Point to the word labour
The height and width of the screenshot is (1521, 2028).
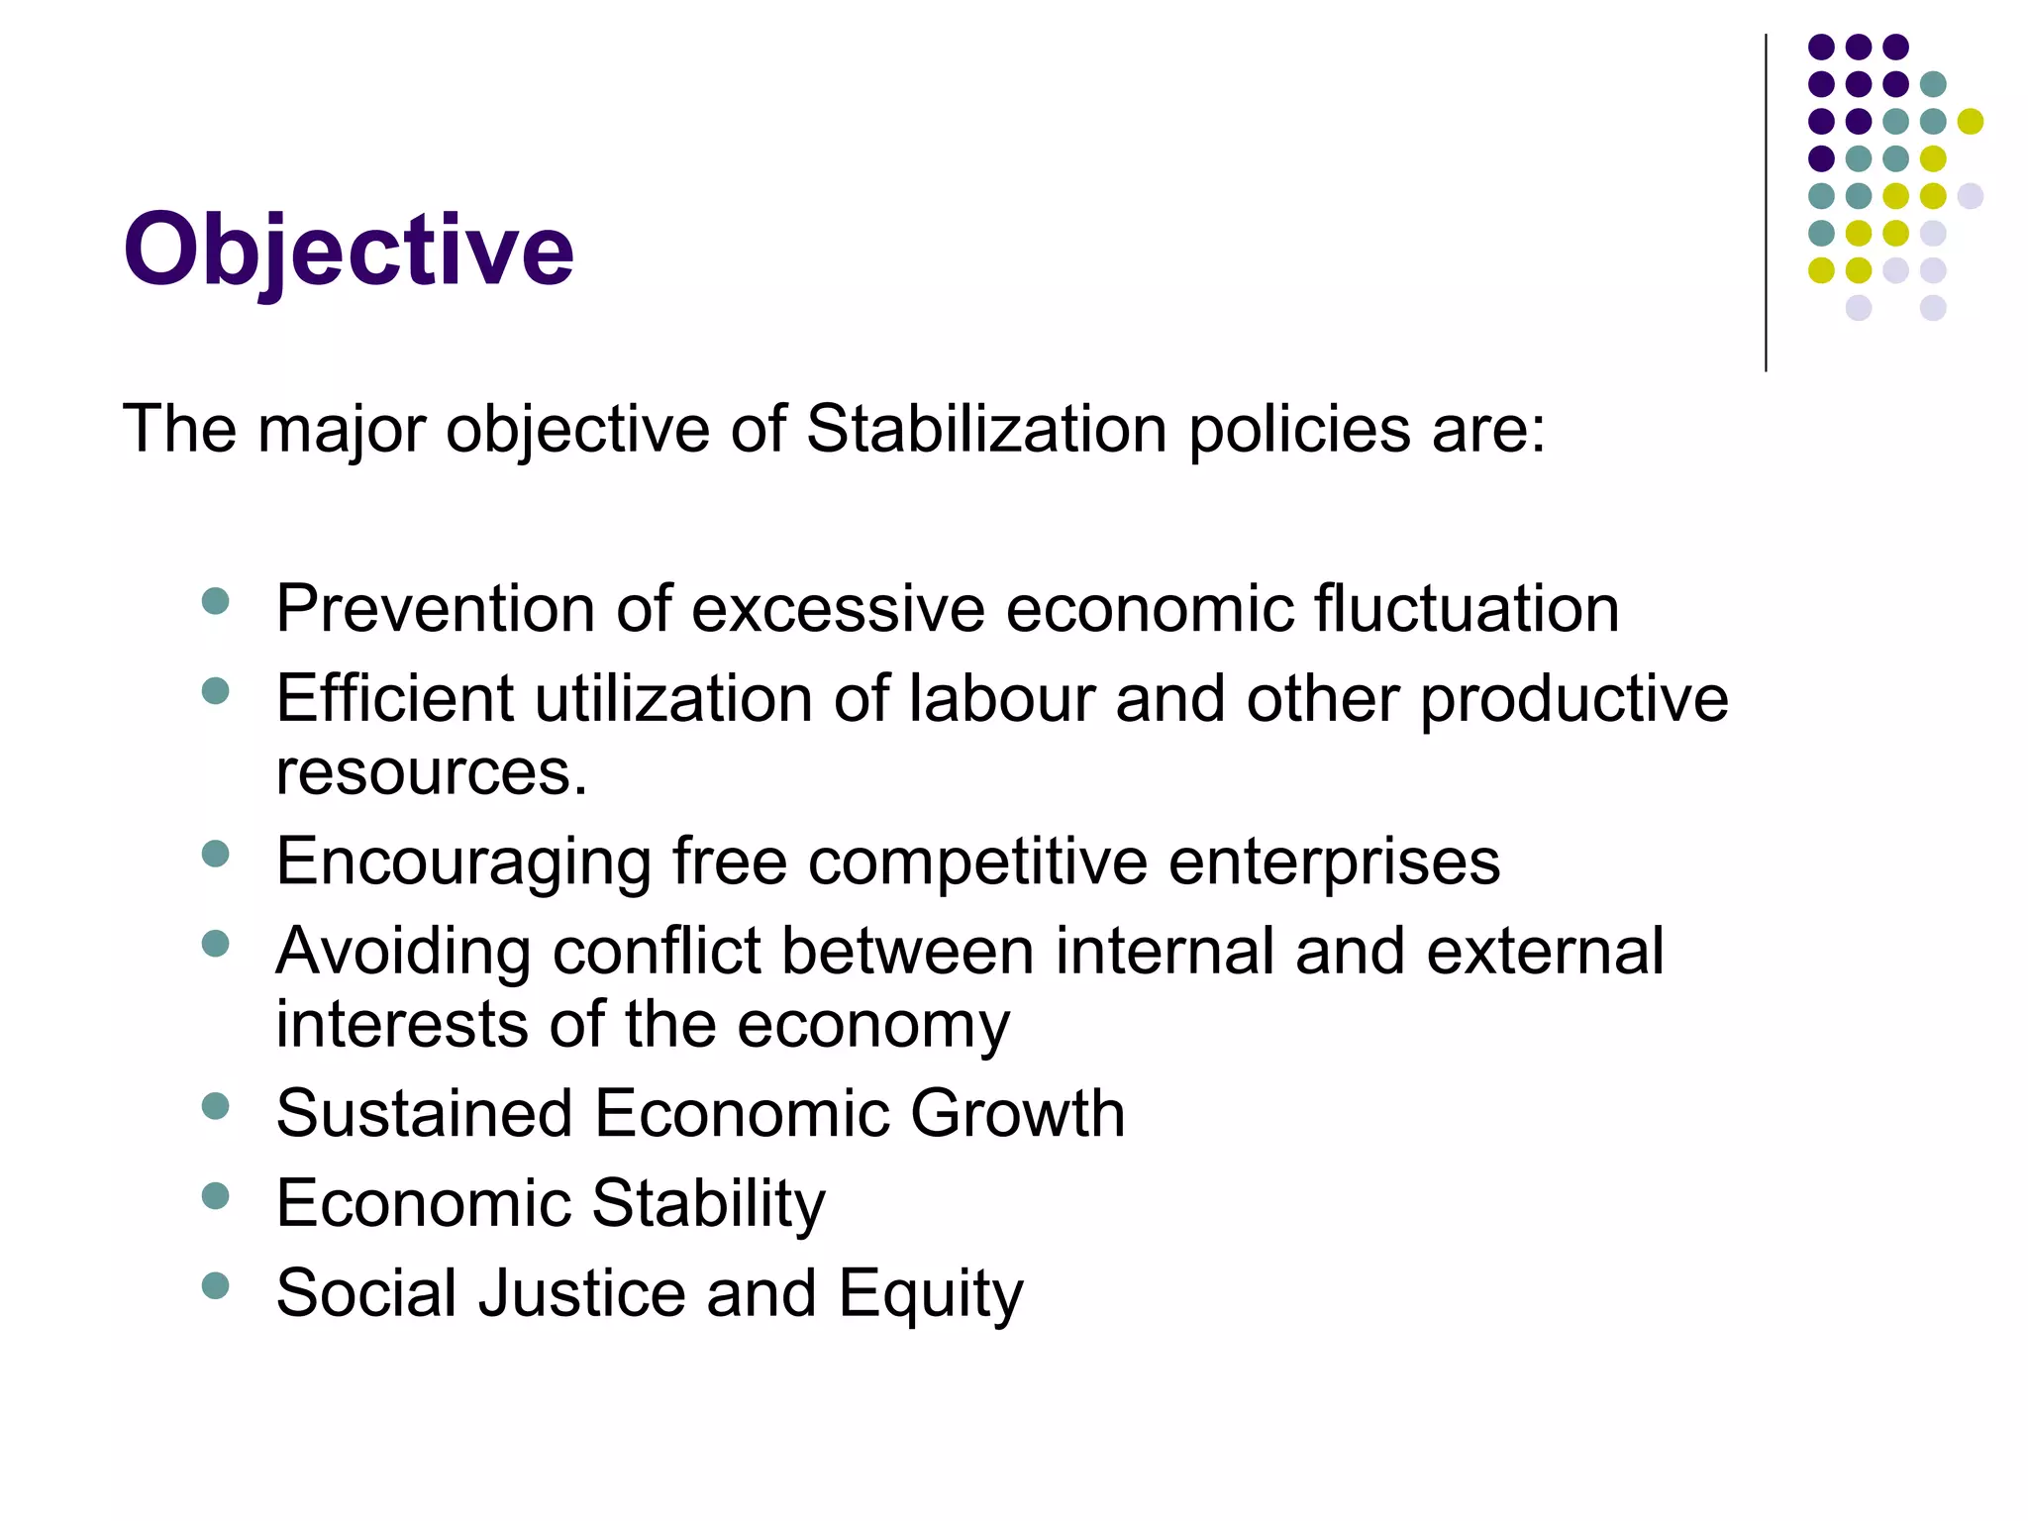[x=1001, y=699]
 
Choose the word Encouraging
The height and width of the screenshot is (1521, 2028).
[x=463, y=862]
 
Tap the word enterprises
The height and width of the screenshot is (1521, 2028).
[x=1334, y=862]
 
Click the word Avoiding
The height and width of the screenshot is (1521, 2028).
[x=404, y=952]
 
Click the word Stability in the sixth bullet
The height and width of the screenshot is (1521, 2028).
[x=709, y=1203]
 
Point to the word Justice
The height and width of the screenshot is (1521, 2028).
[x=581, y=1293]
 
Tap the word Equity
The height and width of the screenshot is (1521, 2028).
[x=930, y=1293]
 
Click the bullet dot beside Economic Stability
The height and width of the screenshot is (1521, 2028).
[x=215, y=1196]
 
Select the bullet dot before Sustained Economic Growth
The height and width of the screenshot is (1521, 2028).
[x=215, y=1105]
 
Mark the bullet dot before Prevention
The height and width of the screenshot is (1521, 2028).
[x=215, y=600]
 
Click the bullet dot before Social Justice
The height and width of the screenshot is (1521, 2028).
[x=215, y=1286]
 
